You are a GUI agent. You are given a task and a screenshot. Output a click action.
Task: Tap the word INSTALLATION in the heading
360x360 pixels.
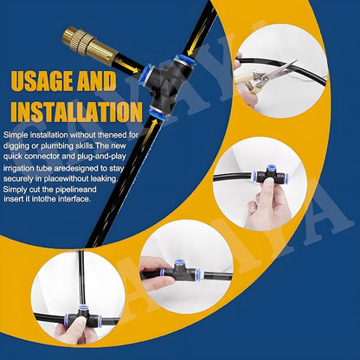(77, 111)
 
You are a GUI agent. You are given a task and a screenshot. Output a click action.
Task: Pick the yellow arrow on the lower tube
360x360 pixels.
(152, 132)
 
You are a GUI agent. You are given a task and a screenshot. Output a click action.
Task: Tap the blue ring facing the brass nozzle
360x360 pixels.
(145, 74)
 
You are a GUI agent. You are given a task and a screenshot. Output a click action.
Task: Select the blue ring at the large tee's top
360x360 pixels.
(184, 60)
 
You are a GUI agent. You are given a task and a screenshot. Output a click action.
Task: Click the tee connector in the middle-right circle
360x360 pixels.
(267, 175)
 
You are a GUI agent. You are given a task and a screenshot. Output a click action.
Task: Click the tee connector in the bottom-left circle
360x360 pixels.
(83, 318)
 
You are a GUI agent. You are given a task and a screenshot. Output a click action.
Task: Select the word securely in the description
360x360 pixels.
(18, 179)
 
